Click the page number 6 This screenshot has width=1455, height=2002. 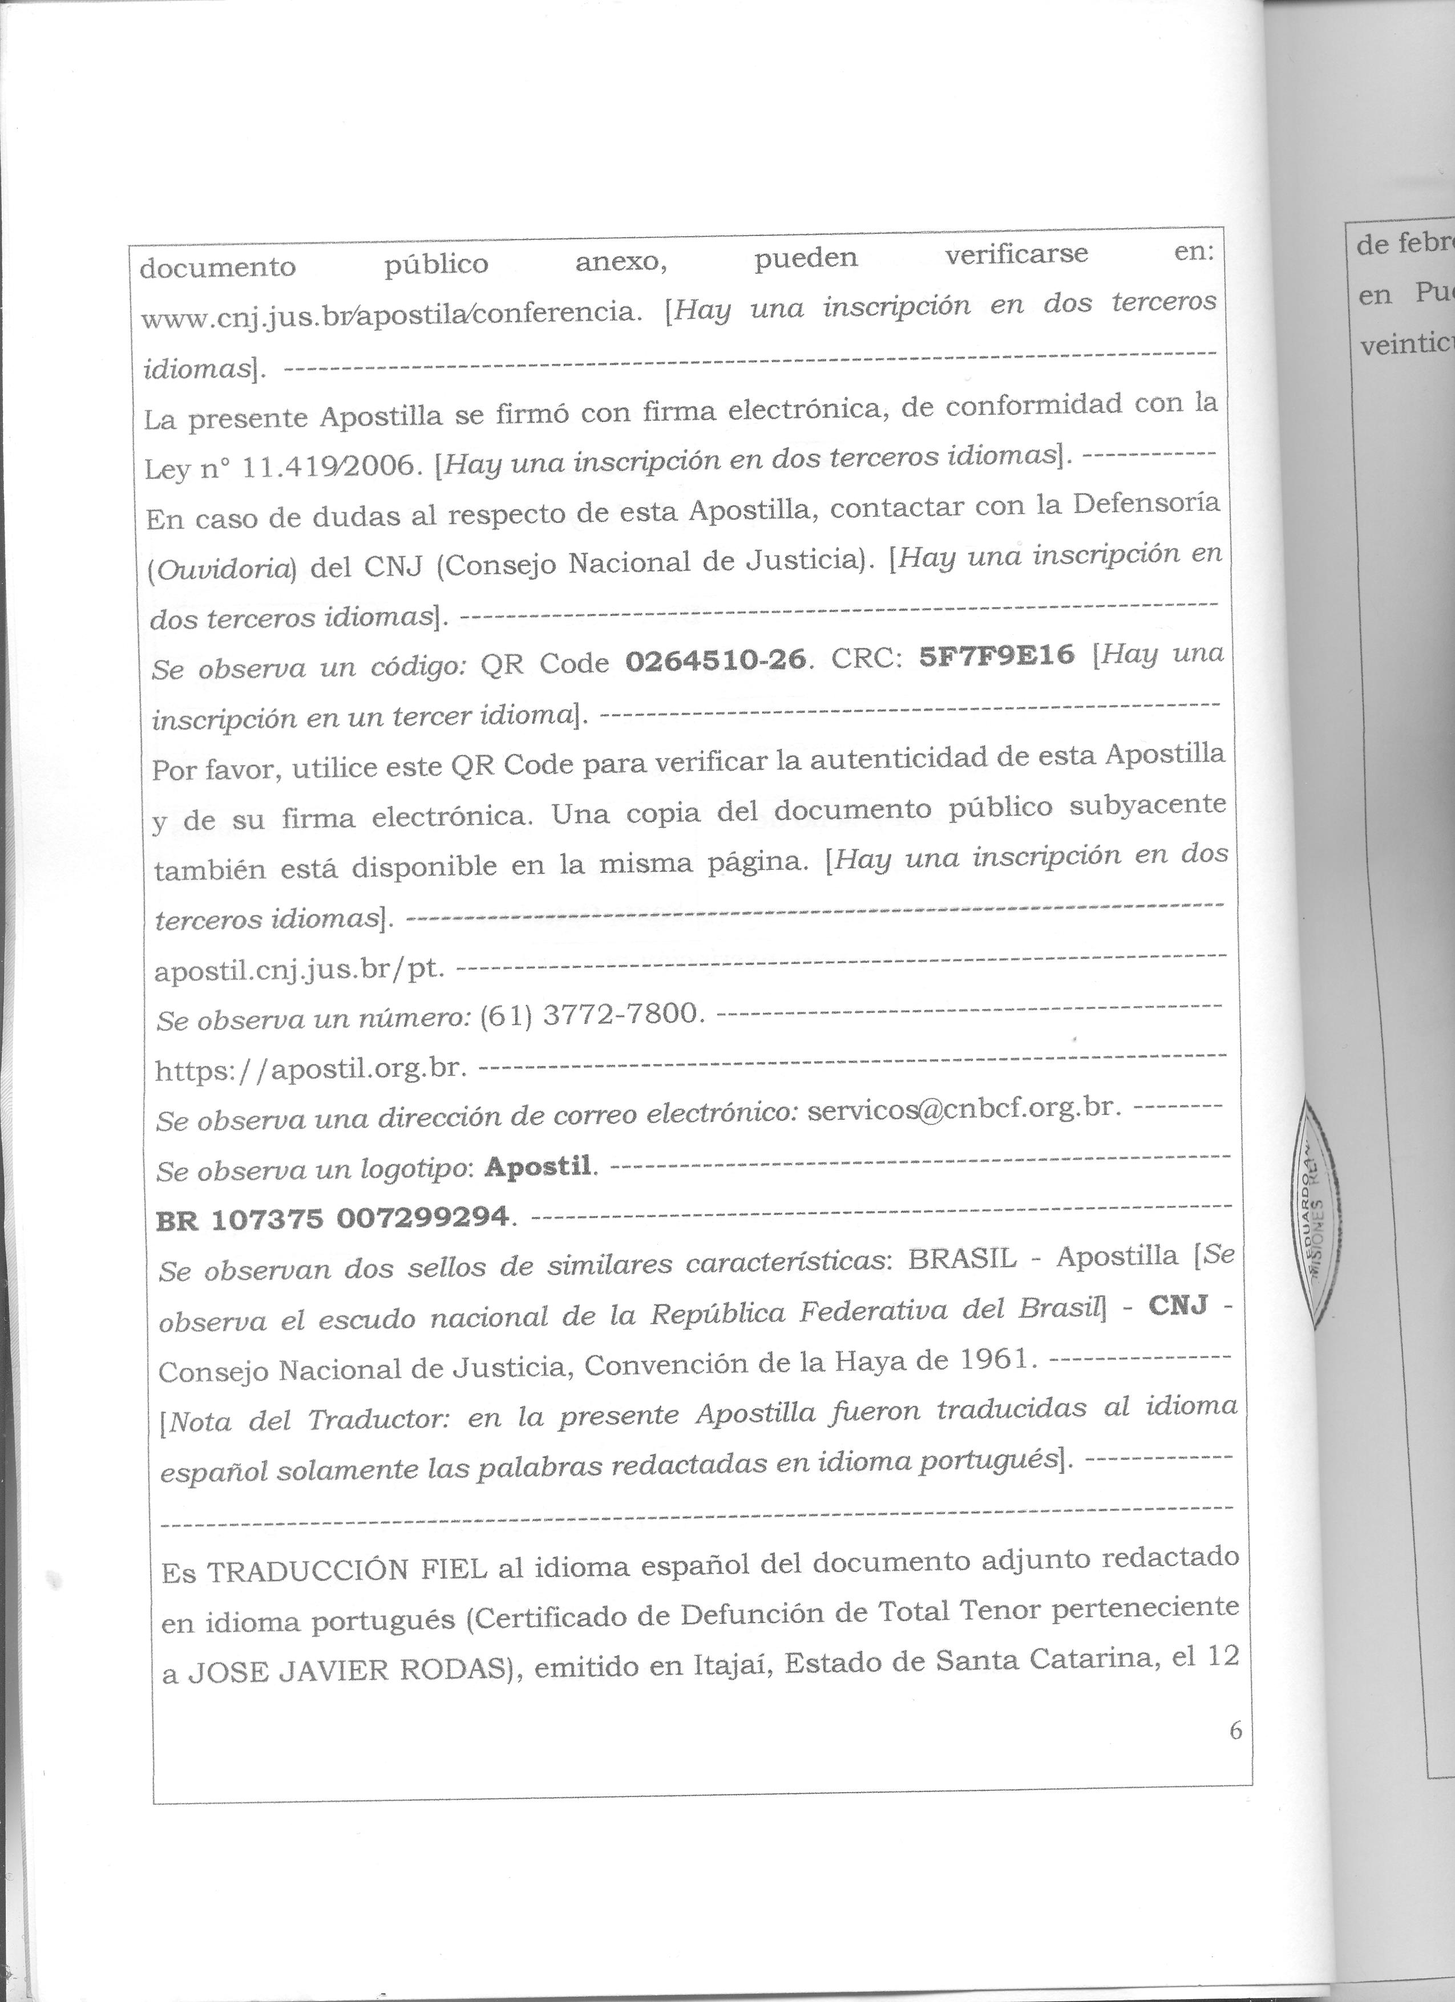click(1235, 1731)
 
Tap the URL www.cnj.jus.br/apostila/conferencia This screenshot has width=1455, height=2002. click(389, 313)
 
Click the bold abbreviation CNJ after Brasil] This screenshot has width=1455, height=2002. click(1177, 1306)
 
